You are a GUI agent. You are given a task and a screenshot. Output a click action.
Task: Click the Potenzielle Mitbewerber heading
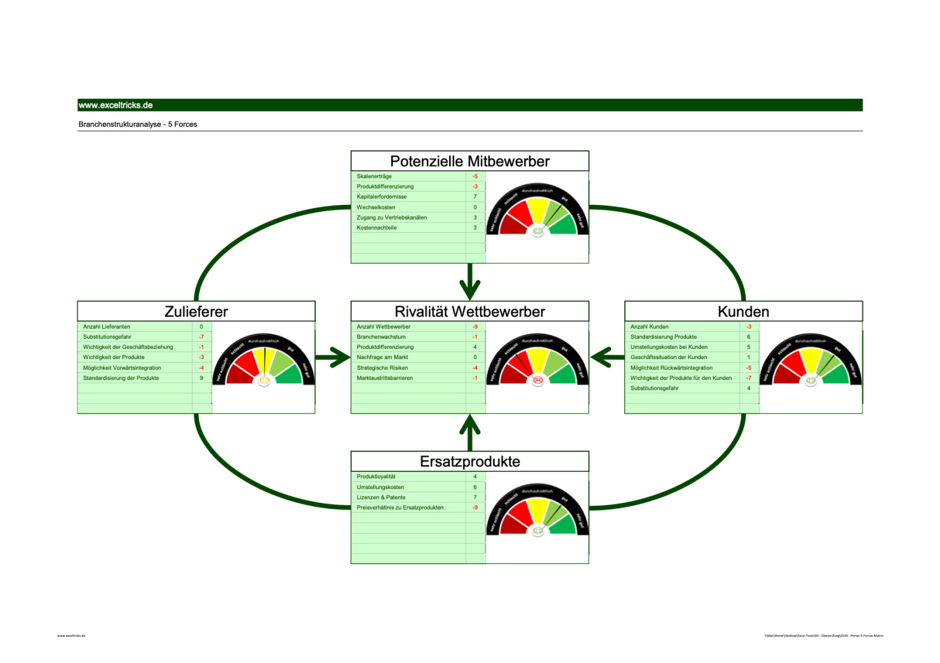[469, 161]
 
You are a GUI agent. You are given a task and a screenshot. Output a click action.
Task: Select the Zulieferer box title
[196, 312]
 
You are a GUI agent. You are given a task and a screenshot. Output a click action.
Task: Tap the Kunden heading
[743, 312]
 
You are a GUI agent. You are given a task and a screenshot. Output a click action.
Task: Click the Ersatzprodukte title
[469, 462]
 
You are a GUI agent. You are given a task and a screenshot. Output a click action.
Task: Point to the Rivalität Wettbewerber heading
[469, 312]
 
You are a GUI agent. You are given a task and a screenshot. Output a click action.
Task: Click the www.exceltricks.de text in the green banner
[116, 105]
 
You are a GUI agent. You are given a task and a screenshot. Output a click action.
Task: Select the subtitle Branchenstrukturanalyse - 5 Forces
[138, 124]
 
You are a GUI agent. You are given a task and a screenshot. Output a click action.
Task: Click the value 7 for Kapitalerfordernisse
[475, 197]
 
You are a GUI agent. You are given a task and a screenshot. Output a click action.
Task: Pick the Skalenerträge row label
[374, 176]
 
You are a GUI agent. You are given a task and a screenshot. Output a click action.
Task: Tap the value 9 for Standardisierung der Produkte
[201, 378]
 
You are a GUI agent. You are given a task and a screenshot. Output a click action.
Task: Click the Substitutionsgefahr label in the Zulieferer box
[107, 337]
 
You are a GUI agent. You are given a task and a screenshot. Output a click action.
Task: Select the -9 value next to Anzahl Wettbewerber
[475, 327]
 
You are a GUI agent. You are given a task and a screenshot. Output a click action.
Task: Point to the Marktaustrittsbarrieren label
[384, 378]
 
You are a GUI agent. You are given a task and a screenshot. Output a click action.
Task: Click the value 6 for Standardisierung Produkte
[749, 337]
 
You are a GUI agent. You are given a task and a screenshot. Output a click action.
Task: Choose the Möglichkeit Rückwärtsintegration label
[671, 368]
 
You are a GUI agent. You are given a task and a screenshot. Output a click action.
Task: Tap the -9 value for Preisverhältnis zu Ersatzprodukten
[475, 508]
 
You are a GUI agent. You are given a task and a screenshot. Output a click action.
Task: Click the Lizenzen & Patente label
[381, 497]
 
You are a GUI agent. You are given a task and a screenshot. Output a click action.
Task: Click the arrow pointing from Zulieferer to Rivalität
[332, 357]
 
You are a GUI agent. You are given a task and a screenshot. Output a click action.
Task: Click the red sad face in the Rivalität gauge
[538, 380]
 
